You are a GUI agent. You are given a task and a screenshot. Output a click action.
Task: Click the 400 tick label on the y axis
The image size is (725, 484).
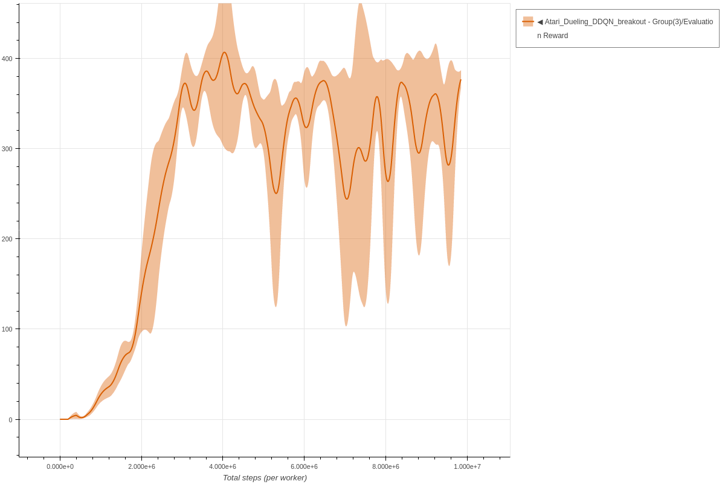tap(7, 59)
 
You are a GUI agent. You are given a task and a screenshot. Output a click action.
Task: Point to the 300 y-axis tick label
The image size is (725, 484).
tap(7, 149)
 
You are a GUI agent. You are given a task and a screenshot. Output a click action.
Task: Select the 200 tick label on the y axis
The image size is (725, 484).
tap(7, 239)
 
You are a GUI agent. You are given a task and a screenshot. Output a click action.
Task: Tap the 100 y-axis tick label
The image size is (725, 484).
tap(7, 329)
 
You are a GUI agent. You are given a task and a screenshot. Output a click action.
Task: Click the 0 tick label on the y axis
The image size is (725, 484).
tap(10, 420)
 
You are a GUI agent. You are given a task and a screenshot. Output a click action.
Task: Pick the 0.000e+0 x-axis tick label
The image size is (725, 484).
tap(60, 466)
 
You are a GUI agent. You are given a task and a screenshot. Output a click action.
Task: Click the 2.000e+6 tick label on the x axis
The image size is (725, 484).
tap(141, 466)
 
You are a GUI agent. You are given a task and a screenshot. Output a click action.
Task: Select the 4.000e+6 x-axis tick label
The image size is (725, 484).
tap(222, 466)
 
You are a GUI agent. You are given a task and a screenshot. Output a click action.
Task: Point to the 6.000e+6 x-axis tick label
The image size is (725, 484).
tap(304, 466)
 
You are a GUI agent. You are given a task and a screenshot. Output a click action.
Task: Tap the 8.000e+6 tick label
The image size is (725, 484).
tap(385, 466)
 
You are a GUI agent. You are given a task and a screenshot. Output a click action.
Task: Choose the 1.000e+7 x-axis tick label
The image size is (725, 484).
tap(467, 466)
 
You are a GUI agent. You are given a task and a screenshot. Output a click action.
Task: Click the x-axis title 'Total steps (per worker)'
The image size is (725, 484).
tap(265, 478)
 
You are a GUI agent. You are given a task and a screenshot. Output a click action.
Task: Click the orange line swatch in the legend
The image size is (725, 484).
tap(528, 22)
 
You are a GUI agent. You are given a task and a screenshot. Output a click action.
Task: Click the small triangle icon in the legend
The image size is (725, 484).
tap(540, 22)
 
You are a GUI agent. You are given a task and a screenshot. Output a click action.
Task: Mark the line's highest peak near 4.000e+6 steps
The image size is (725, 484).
tap(224, 52)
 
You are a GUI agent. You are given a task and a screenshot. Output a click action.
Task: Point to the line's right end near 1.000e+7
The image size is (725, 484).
tap(460, 80)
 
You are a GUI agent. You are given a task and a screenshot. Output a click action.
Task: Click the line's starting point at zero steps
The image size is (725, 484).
tap(60, 419)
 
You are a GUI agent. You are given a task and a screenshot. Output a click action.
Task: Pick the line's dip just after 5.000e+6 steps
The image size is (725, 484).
tap(276, 193)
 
